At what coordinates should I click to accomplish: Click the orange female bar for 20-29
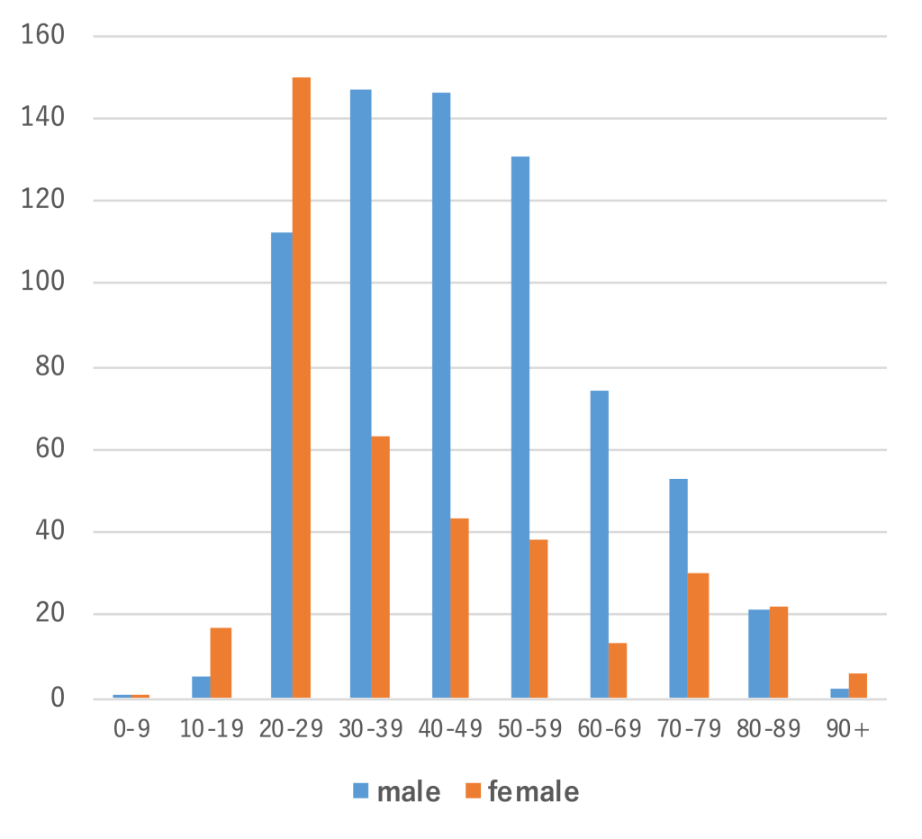pyautogui.click(x=302, y=387)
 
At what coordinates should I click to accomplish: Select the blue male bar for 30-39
pyautogui.click(x=360, y=393)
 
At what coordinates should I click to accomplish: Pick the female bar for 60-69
pyautogui.click(x=618, y=671)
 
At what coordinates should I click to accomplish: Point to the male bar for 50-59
pyautogui.click(x=520, y=427)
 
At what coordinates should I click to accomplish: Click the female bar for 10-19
pyautogui.click(x=221, y=663)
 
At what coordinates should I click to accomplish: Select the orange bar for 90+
pyautogui.click(x=857, y=685)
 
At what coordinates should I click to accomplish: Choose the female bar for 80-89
pyautogui.click(x=779, y=652)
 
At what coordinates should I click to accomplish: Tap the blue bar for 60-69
pyautogui.click(x=600, y=544)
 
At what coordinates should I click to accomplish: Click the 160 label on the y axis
pyautogui.click(x=45, y=36)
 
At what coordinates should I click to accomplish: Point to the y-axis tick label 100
pyautogui.click(x=45, y=284)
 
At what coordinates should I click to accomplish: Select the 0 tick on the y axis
pyautogui.click(x=58, y=698)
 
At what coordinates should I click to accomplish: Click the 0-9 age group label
pyautogui.click(x=131, y=729)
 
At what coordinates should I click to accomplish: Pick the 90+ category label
pyautogui.click(x=848, y=729)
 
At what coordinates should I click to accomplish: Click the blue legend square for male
pyautogui.click(x=360, y=791)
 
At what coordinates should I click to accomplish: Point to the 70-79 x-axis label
pyautogui.click(x=689, y=729)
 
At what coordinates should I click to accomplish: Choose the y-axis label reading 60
pyautogui.click(x=51, y=450)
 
